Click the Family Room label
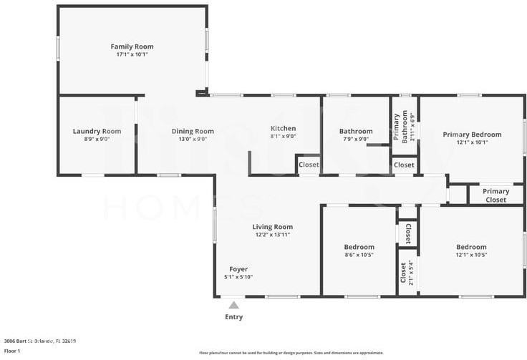click(x=132, y=47)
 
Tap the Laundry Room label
click(x=97, y=131)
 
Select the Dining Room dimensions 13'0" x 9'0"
click(x=193, y=140)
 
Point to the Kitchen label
click(x=283, y=128)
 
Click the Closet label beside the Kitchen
click(x=309, y=165)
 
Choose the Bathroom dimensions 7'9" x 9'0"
click(x=356, y=140)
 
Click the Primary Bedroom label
click(x=472, y=134)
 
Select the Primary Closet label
click(x=495, y=195)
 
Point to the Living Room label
click(x=273, y=227)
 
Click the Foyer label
click(x=238, y=269)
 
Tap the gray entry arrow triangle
click(x=233, y=305)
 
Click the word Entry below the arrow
click(x=234, y=317)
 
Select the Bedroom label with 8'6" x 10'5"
click(x=359, y=247)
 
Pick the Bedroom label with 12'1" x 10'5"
click(x=471, y=247)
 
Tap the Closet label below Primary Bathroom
click(x=404, y=165)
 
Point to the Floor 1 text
click(x=12, y=351)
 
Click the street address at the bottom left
click(x=40, y=341)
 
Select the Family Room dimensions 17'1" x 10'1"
click(x=132, y=54)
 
